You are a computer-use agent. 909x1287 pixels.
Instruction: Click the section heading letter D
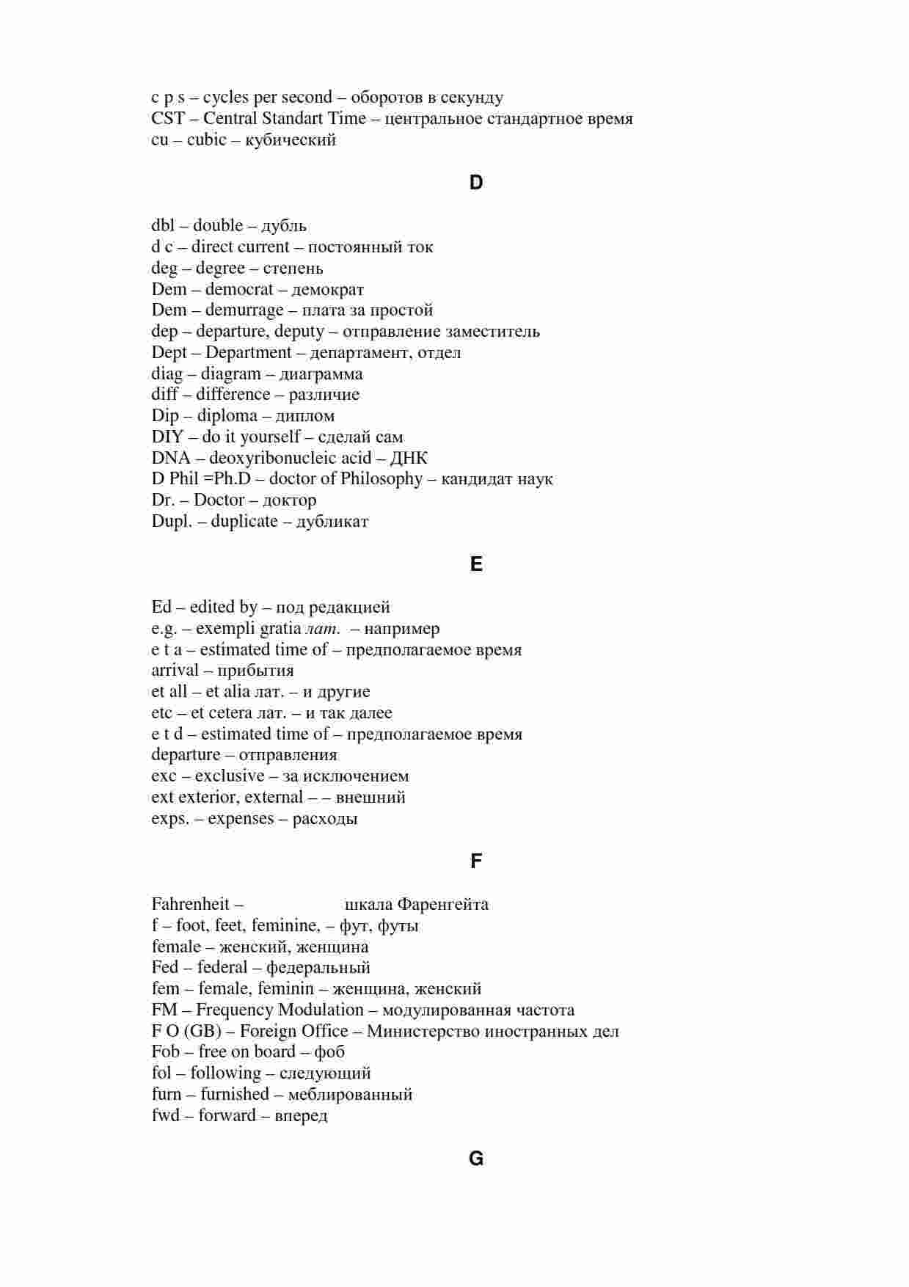click(475, 183)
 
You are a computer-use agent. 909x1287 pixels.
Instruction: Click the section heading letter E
click(475, 564)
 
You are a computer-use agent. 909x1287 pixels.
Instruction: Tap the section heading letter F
click(475, 861)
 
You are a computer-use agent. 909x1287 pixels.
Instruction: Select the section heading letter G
click(475, 1159)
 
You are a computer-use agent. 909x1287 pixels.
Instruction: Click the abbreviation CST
click(168, 119)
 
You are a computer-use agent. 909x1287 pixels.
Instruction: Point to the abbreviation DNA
click(170, 459)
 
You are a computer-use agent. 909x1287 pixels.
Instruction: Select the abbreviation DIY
click(167, 437)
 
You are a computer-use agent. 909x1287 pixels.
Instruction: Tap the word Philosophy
click(382, 479)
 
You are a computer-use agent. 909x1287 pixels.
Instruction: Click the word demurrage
click(244, 310)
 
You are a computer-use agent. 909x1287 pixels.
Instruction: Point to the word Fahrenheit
click(191, 904)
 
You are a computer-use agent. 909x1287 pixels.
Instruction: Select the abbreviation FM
click(164, 1010)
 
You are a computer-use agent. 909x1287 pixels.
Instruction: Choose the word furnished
click(235, 1095)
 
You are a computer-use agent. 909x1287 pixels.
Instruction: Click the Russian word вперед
click(301, 1116)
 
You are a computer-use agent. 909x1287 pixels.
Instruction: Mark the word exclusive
click(230, 776)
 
